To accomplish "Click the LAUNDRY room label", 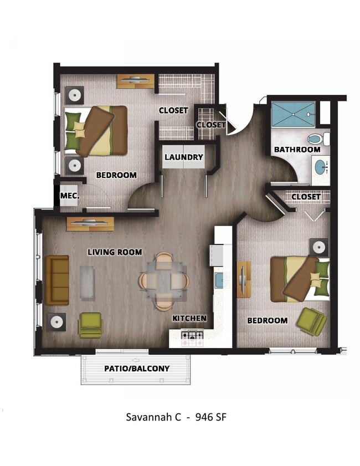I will click(184, 157).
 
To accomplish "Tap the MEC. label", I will click(70, 196).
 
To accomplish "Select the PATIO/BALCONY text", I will click(137, 368).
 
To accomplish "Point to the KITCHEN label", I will click(189, 319).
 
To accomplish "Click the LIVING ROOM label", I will click(115, 252).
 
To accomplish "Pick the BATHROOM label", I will click(297, 150).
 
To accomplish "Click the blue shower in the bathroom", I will click(293, 114).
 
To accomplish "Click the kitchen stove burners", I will click(193, 335).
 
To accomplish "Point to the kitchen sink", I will click(219, 280).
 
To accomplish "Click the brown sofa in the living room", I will click(57, 280).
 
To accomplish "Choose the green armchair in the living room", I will click(90, 325).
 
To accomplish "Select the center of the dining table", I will click(163, 281).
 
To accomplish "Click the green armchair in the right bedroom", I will click(310, 321).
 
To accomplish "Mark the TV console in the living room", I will click(90, 224).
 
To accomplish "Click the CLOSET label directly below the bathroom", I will click(305, 197).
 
